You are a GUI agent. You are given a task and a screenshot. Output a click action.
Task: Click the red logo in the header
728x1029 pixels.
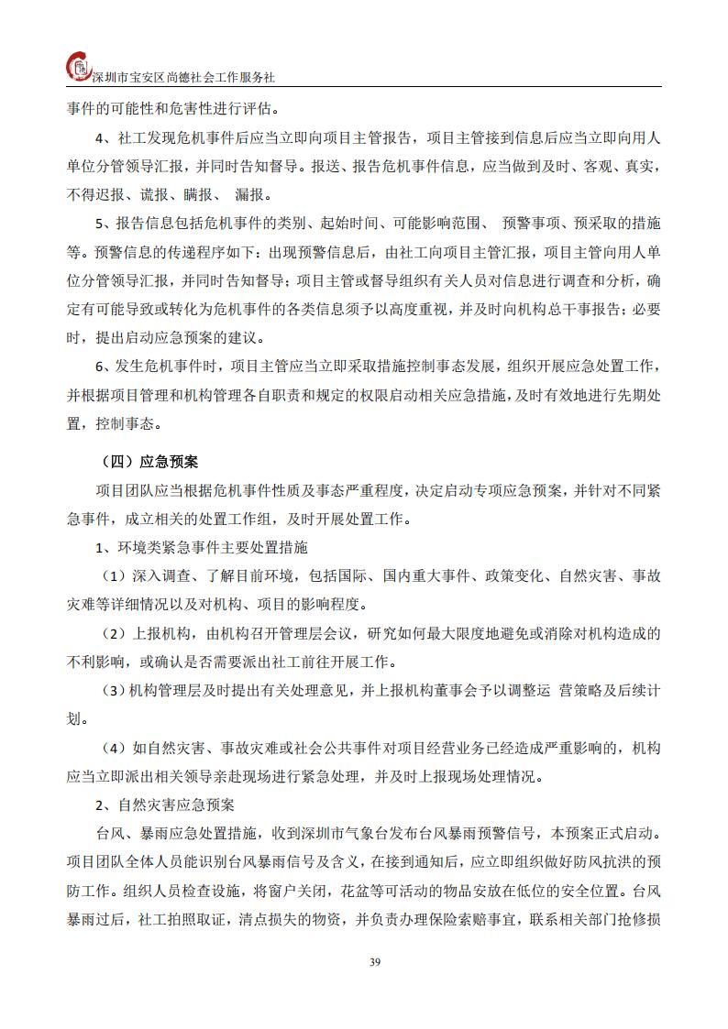tap(81, 67)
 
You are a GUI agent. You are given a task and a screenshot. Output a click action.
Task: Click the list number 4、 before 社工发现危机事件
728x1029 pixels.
tap(105, 138)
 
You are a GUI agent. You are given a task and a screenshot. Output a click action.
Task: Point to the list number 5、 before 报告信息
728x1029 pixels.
tap(105, 224)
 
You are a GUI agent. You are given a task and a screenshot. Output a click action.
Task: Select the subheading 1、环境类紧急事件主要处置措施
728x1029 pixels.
tap(202, 548)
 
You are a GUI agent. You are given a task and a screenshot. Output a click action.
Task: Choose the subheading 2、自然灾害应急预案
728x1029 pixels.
tap(166, 805)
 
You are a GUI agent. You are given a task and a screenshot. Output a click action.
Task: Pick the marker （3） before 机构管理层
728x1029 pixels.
tap(114, 690)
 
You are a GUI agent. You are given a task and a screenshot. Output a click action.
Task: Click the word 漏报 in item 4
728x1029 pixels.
tap(251, 195)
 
